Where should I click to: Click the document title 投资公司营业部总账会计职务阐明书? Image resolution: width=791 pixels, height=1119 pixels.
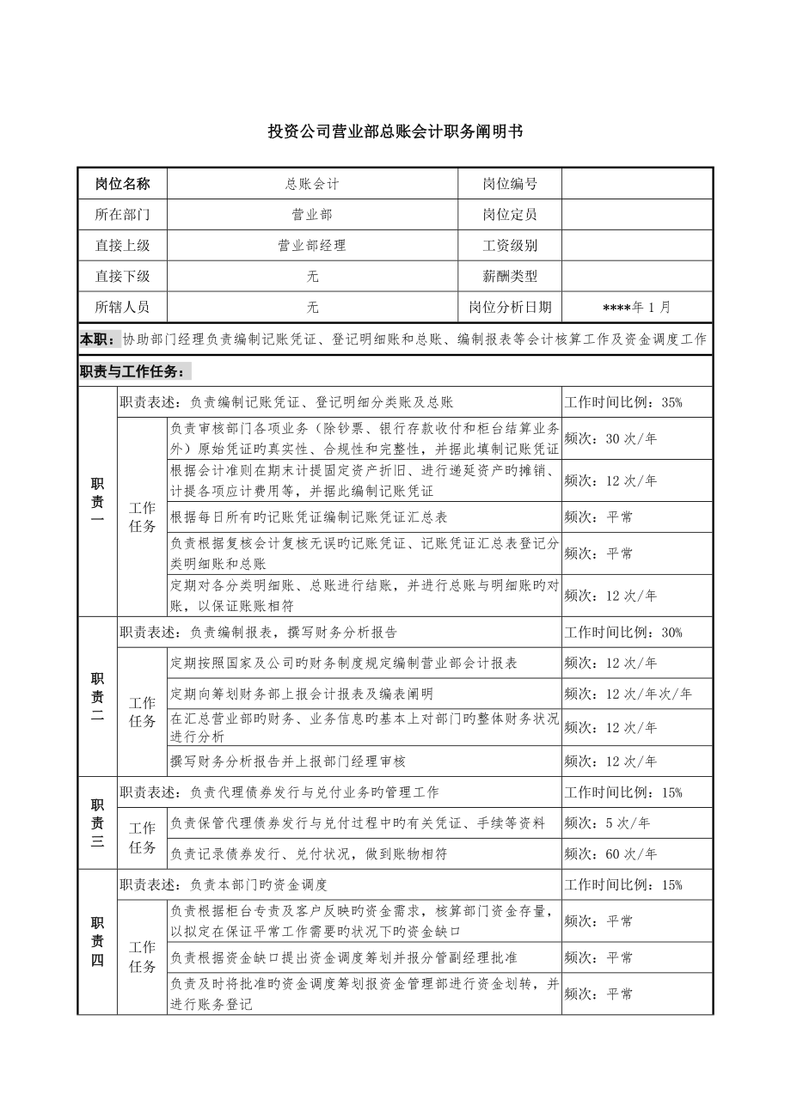[x=395, y=131]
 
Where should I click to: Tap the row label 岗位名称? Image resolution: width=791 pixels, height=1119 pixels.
[x=122, y=184]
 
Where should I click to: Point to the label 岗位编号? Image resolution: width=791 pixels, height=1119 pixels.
[x=510, y=184]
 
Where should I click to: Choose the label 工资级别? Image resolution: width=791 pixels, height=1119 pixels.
[x=510, y=246]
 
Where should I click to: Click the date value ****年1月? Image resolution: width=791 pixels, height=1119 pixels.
[x=637, y=307]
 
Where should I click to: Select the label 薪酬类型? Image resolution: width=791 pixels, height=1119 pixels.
[x=510, y=277]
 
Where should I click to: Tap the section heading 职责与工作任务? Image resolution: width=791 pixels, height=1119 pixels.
[x=131, y=371]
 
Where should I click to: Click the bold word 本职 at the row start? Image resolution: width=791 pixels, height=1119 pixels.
[x=95, y=339]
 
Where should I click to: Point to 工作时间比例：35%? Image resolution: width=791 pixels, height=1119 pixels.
[x=623, y=402]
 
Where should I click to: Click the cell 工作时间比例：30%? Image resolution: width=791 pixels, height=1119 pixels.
[x=623, y=633]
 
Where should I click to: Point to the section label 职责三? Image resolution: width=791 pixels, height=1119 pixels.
[x=97, y=823]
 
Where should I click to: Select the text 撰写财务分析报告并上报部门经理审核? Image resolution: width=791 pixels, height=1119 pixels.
[x=288, y=761]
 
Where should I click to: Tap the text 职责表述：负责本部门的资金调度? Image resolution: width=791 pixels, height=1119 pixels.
[x=224, y=884]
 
